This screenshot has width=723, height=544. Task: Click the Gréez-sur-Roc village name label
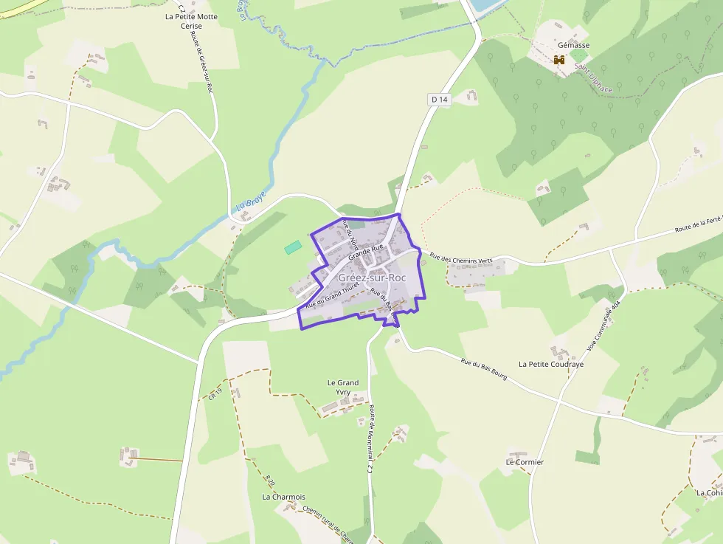pos(372,278)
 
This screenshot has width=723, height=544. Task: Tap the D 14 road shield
pos(439,99)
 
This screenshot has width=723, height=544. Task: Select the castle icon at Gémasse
pos(559,61)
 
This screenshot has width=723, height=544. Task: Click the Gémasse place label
pos(573,45)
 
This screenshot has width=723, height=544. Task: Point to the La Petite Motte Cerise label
pos(191,21)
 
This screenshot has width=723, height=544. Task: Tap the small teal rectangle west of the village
pos(293,247)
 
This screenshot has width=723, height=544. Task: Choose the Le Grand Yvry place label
pos(343,388)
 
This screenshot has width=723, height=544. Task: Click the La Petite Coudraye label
pos(551,364)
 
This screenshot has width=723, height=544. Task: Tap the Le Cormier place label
pos(525,462)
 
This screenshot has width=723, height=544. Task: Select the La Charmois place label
pos(283,497)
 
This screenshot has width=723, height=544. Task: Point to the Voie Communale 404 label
pos(604,325)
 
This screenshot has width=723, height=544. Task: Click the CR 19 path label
pos(215,394)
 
